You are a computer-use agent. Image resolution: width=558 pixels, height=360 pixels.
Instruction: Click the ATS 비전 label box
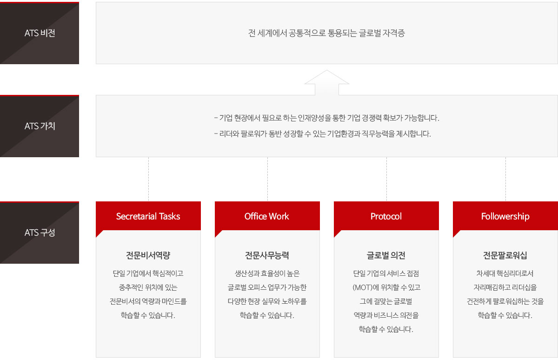pos(40,33)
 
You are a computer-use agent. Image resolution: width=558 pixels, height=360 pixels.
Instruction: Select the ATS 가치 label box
pos(40,126)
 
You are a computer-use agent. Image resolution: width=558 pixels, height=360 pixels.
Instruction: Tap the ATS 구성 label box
pos(40,233)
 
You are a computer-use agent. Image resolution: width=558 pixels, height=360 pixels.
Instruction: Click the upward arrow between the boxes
pos(326,82)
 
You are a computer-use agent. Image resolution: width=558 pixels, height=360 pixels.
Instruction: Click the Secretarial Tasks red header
pos(148,216)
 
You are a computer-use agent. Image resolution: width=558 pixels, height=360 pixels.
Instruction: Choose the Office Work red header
pos(267,216)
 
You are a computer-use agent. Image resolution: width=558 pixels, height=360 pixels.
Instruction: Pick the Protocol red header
pos(386,216)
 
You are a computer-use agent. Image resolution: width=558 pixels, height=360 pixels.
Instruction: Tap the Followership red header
pos(505,216)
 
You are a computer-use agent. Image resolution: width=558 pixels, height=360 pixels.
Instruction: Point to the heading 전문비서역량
pos(148,255)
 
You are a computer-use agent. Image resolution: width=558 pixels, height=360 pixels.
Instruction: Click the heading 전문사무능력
pos(267,255)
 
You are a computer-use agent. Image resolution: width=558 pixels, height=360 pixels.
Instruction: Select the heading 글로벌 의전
pos(386,255)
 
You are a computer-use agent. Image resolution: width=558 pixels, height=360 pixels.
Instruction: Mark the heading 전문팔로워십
pos(505,255)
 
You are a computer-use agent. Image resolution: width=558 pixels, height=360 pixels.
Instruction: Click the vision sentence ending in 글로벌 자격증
pos(326,33)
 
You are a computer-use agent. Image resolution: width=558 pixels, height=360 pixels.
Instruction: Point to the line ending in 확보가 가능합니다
pos(326,118)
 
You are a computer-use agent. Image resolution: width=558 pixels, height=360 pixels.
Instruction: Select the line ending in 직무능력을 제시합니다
pos(322,134)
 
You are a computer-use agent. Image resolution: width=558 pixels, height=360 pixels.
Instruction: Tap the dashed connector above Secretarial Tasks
pos(148,179)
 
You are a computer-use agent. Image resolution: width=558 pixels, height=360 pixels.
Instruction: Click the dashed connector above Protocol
pos(386,179)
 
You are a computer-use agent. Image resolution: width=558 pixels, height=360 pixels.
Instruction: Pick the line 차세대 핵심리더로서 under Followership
pos(505,273)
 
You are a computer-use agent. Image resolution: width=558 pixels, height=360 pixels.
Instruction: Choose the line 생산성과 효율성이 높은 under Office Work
pos(267,273)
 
